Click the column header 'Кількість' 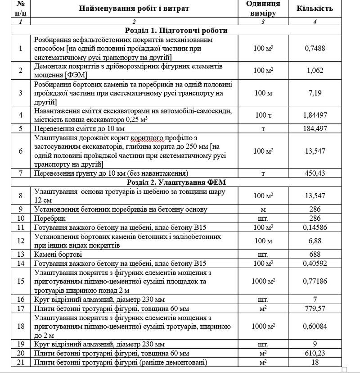point(315,9)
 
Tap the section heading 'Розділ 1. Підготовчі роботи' point(176,31)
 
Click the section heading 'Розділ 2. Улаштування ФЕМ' point(176,182)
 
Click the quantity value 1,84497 point(315,115)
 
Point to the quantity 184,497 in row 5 point(315,128)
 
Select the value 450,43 point(315,173)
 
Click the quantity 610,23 point(315,354)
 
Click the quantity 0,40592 point(315,263)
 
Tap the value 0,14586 point(315,227)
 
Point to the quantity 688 point(315,254)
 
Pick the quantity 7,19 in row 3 point(315,93)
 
